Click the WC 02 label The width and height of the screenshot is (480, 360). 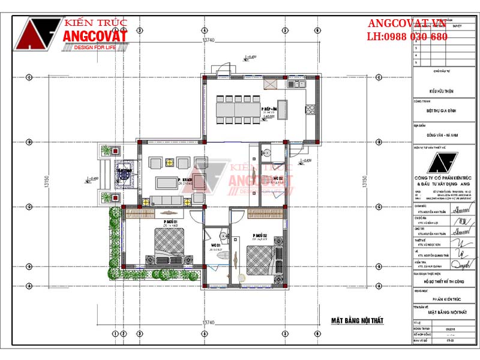[278, 178]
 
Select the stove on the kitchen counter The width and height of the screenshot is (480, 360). [310, 109]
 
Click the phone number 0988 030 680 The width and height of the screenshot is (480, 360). [416, 37]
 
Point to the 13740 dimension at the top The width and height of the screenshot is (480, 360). [208, 40]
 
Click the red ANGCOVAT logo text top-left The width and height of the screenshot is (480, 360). [95, 37]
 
